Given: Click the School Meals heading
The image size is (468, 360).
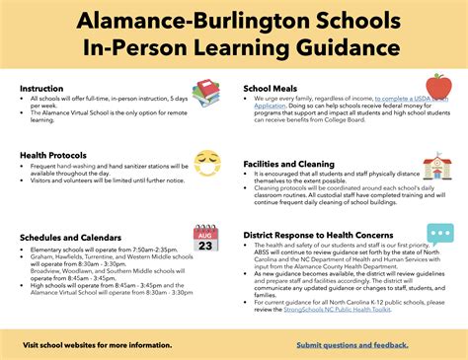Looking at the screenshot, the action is (271, 88).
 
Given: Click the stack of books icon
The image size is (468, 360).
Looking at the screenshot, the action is (206, 93).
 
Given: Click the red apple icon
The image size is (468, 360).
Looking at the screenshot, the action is (438, 87).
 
